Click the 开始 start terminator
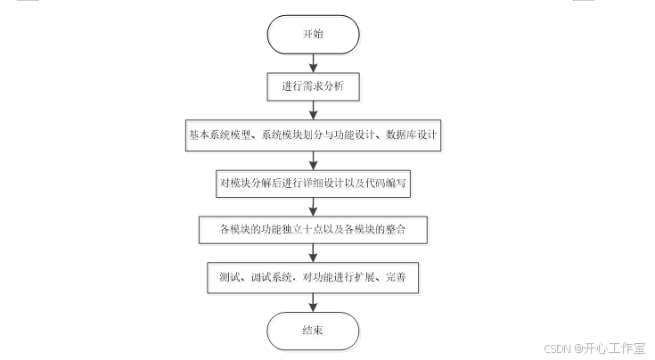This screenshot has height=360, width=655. point(314,34)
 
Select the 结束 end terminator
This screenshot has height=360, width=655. point(314,331)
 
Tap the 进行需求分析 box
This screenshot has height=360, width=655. point(314,87)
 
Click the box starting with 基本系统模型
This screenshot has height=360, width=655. point(314,135)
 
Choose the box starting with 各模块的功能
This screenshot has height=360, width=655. point(314,229)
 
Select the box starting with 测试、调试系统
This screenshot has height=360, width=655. point(314,276)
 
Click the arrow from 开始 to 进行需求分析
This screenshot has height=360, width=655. point(314,62)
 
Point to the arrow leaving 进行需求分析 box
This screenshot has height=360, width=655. point(314,110)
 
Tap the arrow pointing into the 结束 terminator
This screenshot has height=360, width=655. point(314,301)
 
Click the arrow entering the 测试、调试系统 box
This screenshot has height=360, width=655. point(314,253)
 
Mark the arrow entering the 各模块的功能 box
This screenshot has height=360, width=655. point(314,206)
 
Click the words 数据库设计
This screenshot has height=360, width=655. point(411,135)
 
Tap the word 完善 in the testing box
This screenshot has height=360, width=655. point(397,276)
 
